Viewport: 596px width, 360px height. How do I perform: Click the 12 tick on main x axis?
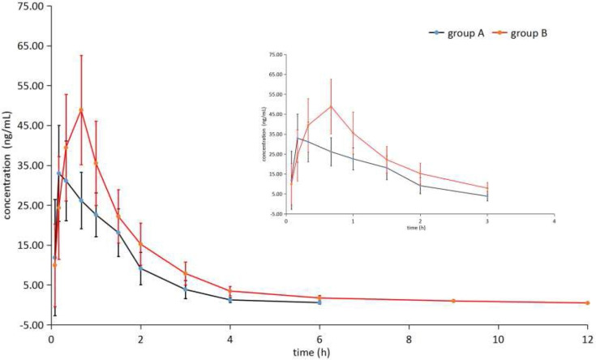(586, 338)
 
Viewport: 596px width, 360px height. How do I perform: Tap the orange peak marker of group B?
(81, 110)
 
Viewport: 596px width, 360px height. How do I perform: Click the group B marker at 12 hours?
(586, 302)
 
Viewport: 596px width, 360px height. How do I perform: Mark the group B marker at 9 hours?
(453, 301)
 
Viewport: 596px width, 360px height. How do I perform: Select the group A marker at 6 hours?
(319, 302)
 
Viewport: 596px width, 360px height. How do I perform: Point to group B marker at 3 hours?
(186, 273)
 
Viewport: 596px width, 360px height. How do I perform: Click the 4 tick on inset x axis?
(554, 221)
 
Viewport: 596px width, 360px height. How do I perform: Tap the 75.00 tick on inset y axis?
(275, 54)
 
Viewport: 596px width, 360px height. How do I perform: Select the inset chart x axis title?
(418, 229)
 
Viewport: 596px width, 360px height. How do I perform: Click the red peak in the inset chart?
(331, 105)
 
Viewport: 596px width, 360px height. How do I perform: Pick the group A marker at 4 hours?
(230, 300)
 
